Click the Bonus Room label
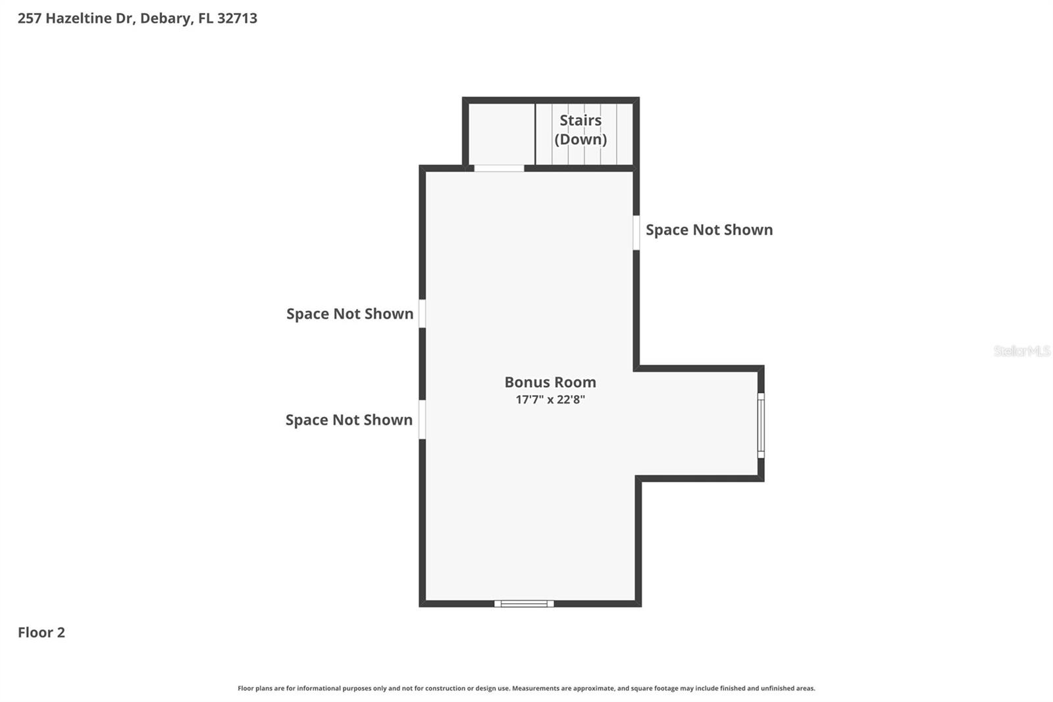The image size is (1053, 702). coord(550,382)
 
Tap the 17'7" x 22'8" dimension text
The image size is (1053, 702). coord(550,400)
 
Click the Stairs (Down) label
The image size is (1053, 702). coord(580,130)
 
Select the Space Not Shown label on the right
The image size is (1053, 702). coord(709,230)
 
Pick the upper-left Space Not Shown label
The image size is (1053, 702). coord(349,313)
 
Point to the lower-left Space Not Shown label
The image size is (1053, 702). coord(349,420)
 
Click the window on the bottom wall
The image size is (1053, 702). coord(524,603)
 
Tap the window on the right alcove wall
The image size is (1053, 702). coord(761,425)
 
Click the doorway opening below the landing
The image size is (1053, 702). coord(499,169)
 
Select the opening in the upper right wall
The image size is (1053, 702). coord(636,232)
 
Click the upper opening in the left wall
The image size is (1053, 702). coord(422,313)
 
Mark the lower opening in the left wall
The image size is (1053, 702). coord(422,419)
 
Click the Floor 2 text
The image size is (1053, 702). coord(41,633)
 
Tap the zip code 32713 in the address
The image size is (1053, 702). coord(237,18)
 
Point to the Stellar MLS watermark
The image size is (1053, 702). coord(1021,351)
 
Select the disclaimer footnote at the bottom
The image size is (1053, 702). coord(526,688)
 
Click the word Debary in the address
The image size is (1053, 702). coord(165,18)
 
